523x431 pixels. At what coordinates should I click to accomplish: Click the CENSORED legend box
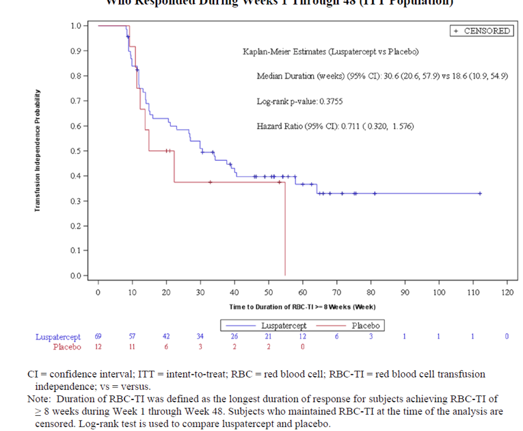point(481,31)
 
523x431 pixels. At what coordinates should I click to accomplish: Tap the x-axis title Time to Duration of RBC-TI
point(302,306)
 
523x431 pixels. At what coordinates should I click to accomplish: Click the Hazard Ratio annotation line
point(335,127)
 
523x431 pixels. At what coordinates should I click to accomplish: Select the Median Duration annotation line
point(382,76)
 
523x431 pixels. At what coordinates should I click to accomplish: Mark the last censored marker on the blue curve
point(480,194)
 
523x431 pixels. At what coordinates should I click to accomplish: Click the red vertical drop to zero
point(285,229)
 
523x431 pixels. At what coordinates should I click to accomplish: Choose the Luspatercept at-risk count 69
point(98,337)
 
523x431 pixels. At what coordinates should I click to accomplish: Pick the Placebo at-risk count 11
point(132,347)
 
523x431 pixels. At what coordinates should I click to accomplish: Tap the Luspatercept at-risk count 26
point(234,337)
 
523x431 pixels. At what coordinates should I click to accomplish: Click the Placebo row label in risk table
point(67,347)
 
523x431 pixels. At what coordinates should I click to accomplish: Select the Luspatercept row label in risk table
point(58,337)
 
